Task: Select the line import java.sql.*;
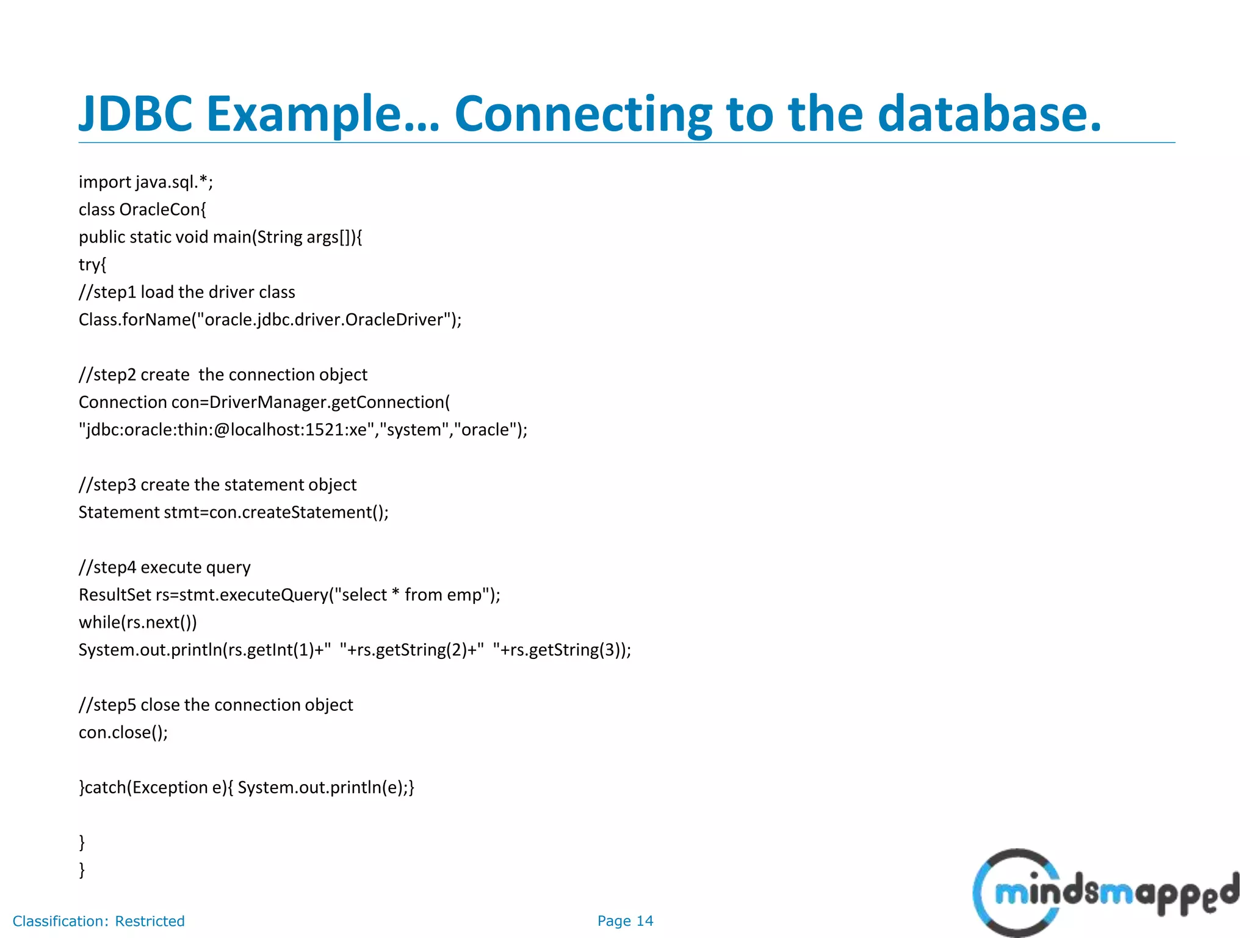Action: pos(146,182)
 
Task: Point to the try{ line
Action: pos(93,264)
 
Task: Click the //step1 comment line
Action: pos(187,292)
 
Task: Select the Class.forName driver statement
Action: pos(270,319)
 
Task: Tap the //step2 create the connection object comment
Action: pos(223,374)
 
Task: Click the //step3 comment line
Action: pos(217,484)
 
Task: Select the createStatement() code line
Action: pos(233,512)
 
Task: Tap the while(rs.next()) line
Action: pos(138,622)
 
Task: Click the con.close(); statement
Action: pos(123,732)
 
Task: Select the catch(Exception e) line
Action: pos(247,787)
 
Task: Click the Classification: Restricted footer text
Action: pos(98,921)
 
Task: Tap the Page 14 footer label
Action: pos(625,921)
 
